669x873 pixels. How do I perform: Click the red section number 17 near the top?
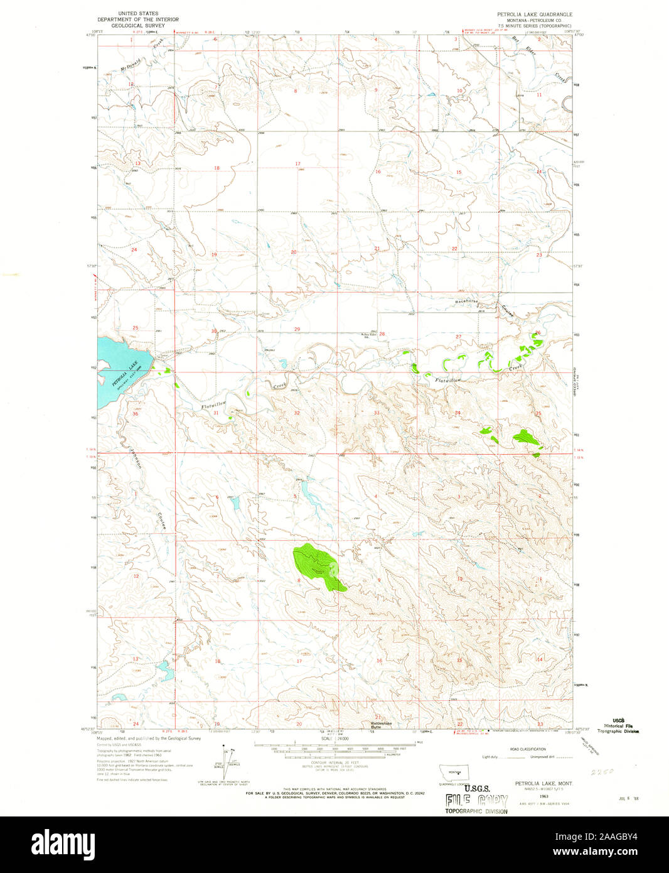point(297,164)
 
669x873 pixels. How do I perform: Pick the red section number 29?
point(297,329)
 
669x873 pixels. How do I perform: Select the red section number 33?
point(377,413)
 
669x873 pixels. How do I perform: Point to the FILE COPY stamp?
point(477,801)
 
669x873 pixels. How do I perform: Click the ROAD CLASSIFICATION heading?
point(528,749)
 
